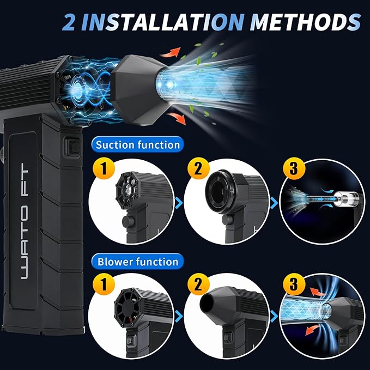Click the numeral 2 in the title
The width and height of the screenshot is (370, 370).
[x=69, y=22]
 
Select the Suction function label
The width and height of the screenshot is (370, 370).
[x=137, y=144]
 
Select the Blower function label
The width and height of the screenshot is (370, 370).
[x=138, y=262]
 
